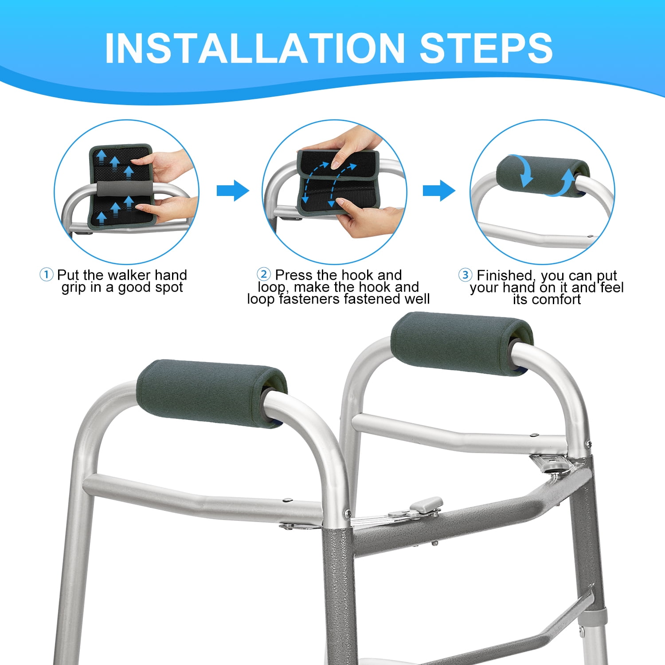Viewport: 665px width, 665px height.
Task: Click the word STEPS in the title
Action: (x=486, y=48)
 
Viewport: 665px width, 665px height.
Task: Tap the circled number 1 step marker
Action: (x=46, y=274)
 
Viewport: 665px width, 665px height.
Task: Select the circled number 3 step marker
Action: (x=465, y=275)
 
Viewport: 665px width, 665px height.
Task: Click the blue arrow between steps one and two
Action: (x=233, y=191)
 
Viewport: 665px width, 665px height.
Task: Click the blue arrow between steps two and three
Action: (x=439, y=191)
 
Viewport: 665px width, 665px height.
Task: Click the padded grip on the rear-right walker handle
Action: (x=462, y=344)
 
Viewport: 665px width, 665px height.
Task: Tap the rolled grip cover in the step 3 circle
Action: (x=543, y=176)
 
